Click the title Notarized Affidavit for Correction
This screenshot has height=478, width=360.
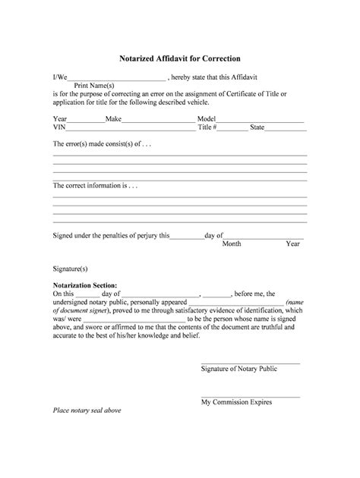coord(180,58)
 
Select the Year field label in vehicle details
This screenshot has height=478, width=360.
coord(60,119)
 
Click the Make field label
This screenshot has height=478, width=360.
coord(113,119)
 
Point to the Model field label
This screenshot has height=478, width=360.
coord(207,119)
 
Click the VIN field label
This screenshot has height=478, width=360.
coord(59,128)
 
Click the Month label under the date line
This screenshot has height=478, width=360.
coord(232,244)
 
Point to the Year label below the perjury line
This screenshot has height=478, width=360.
coord(293,244)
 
